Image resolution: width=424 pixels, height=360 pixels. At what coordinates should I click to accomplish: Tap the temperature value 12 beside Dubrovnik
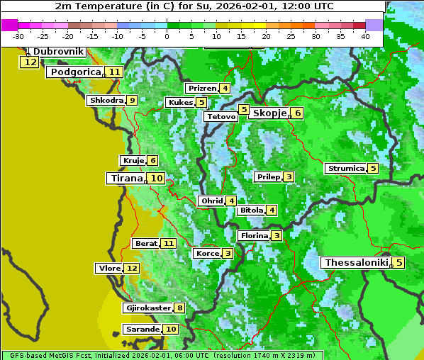[x=29, y=62]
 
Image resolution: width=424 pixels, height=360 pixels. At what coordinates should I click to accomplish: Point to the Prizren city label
[x=201, y=89]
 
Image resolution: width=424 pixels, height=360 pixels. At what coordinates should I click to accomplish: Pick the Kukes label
[x=180, y=103]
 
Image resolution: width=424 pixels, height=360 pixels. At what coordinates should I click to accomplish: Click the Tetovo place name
[x=221, y=116]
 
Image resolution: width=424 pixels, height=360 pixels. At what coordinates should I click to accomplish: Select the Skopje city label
[x=269, y=113]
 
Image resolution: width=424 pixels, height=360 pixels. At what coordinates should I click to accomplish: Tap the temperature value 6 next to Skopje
[x=297, y=113]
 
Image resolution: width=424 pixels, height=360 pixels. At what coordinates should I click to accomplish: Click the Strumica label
[x=345, y=169]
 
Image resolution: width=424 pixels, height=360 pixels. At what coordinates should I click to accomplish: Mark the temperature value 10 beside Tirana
[x=156, y=179]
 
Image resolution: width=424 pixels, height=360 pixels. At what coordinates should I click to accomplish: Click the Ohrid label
[x=211, y=201]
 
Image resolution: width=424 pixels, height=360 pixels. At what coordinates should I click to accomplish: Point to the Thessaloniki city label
[x=356, y=262]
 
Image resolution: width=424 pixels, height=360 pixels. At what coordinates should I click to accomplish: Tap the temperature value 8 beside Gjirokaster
[x=179, y=308]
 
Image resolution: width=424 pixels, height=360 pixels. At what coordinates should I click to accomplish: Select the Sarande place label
[x=142, y=330]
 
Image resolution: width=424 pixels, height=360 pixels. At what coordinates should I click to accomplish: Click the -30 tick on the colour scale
[x=18, y=36]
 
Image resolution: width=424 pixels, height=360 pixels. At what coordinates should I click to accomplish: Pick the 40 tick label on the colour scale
[x=365, y=36]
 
